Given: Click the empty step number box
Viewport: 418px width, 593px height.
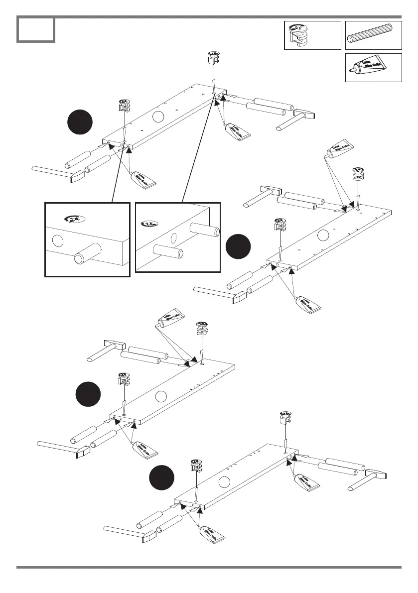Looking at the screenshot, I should click(35, 30).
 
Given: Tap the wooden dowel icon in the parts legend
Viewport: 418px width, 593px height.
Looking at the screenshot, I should click(373, 35).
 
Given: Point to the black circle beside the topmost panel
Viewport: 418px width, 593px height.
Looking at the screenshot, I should click(80, 121).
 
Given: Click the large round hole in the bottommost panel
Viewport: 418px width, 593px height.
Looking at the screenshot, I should click(225, 482).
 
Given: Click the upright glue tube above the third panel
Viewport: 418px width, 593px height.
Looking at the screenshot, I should click(170, 320).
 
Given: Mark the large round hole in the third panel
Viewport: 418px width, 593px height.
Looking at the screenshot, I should click(160, 396).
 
